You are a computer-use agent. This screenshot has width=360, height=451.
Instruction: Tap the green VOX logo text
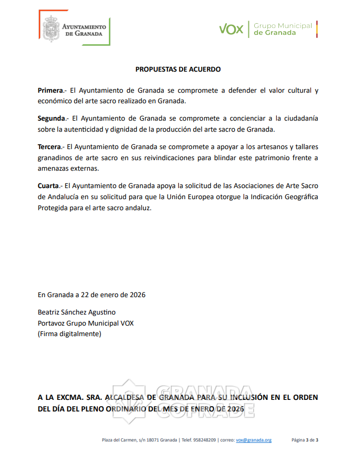click(x=231, y=29)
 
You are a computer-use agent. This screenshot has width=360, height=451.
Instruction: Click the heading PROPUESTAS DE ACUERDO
click(x=178, y=69)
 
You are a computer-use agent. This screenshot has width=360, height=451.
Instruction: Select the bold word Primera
click(x=51, y=90)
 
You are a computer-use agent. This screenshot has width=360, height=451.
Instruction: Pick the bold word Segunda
click(x=52, y=118)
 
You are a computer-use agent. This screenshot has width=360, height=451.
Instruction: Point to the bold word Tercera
click(x=50, y=146)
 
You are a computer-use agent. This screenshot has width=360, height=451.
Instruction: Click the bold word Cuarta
click(x=48, y=185)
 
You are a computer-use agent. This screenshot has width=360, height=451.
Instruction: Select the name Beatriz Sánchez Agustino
click(x=76, y=312)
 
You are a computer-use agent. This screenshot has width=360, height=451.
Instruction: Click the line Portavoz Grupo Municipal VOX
click(x=85, y=323)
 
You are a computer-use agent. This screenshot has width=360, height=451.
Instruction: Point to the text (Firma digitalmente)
click(x=69, y=334)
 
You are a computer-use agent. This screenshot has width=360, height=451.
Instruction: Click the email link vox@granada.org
click(x=254, y=440)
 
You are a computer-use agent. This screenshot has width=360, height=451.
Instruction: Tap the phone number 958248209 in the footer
click(x=205, y=440)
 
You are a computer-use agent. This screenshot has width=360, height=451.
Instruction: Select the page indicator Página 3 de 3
click(x=305, y=440)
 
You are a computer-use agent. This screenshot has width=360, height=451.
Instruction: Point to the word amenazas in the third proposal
click(x=53, y=169)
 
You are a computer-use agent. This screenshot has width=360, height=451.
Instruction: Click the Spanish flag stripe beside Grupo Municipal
click(x=317, y=29)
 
